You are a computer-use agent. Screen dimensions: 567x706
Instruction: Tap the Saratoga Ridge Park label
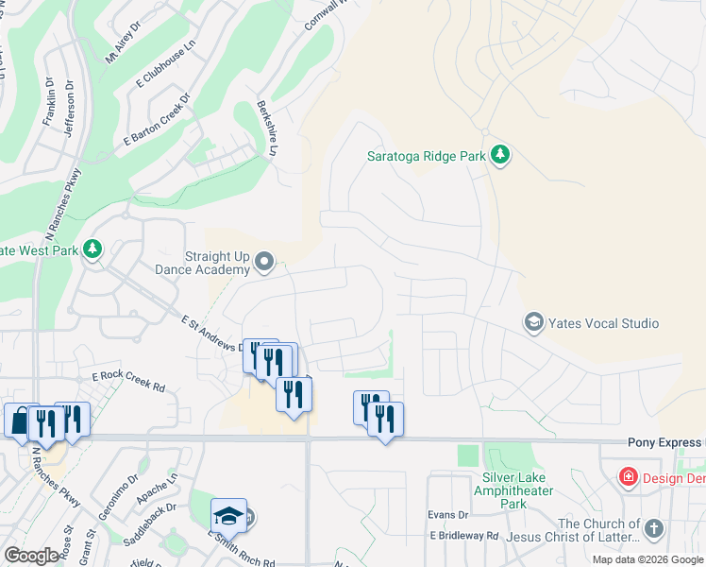[427, 157]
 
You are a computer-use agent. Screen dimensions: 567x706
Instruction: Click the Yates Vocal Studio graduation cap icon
[534, 323]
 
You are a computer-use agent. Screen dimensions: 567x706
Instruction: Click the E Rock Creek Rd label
[128, 382]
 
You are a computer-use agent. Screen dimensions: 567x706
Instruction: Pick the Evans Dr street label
[447, 514]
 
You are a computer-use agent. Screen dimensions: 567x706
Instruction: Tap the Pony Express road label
[665, 442]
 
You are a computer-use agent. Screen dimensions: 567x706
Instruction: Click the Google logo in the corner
[31, 556]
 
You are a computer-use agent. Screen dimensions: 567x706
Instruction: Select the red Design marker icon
[628, 477]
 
